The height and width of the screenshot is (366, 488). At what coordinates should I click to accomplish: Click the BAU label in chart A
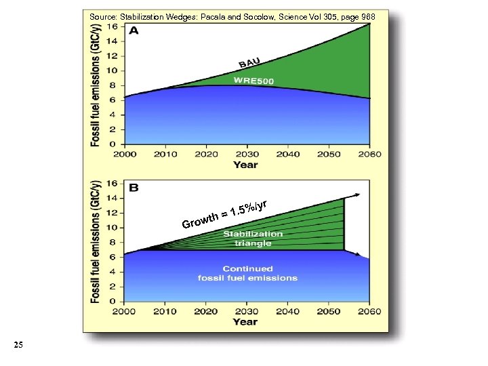[249, 62]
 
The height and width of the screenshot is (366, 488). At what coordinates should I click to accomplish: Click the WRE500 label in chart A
[254, 81]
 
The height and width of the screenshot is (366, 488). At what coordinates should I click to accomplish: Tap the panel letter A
[135, 31]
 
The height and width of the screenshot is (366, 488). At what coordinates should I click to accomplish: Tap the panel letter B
[134, 187]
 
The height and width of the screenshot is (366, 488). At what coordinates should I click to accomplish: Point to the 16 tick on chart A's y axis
[113, 26]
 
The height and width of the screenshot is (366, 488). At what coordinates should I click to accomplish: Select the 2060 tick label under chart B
[369, 311]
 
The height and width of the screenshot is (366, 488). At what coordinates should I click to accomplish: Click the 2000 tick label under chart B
[125, 311]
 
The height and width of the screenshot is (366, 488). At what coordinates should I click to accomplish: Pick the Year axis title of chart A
[245, 165]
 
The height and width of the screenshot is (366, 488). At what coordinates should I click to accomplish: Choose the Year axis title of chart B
[245, 322]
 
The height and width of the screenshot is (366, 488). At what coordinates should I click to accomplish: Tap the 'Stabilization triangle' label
[253, 239]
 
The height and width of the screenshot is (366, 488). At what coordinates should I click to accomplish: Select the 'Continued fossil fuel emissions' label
[247, 273]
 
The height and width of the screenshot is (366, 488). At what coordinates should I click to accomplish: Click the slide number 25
[18, 346]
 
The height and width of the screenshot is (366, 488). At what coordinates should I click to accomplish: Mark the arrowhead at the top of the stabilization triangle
[356, 195]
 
